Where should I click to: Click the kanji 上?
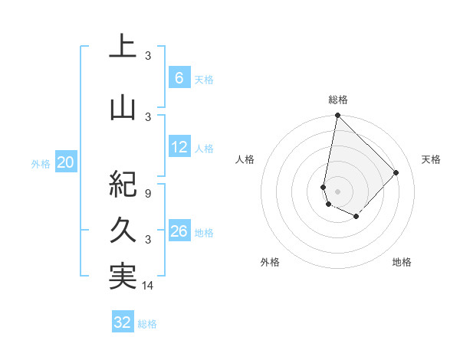[x=123, y=47]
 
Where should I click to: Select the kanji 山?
[x=123, y=109]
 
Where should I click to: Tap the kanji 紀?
[x=123, y=185]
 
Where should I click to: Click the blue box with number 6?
[x=179, y=77]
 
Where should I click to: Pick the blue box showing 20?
[x=66, y=162]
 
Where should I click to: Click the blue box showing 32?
[x=123, y=322]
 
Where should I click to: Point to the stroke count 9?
[x=148, y=194]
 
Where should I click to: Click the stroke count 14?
[x=148, y=286]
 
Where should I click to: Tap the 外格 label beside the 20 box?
[x=41, y=163]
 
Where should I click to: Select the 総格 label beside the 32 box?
[x=147, y=324]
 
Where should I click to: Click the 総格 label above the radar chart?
[x=338, y=100]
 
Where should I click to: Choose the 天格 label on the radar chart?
[x=432, y=159]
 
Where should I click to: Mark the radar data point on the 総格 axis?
[x=337, y=116]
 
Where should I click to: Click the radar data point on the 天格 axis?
[x=396, y=172]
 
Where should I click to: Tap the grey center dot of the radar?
[x=337, y=191]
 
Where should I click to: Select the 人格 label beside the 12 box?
[x=204, y=149]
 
